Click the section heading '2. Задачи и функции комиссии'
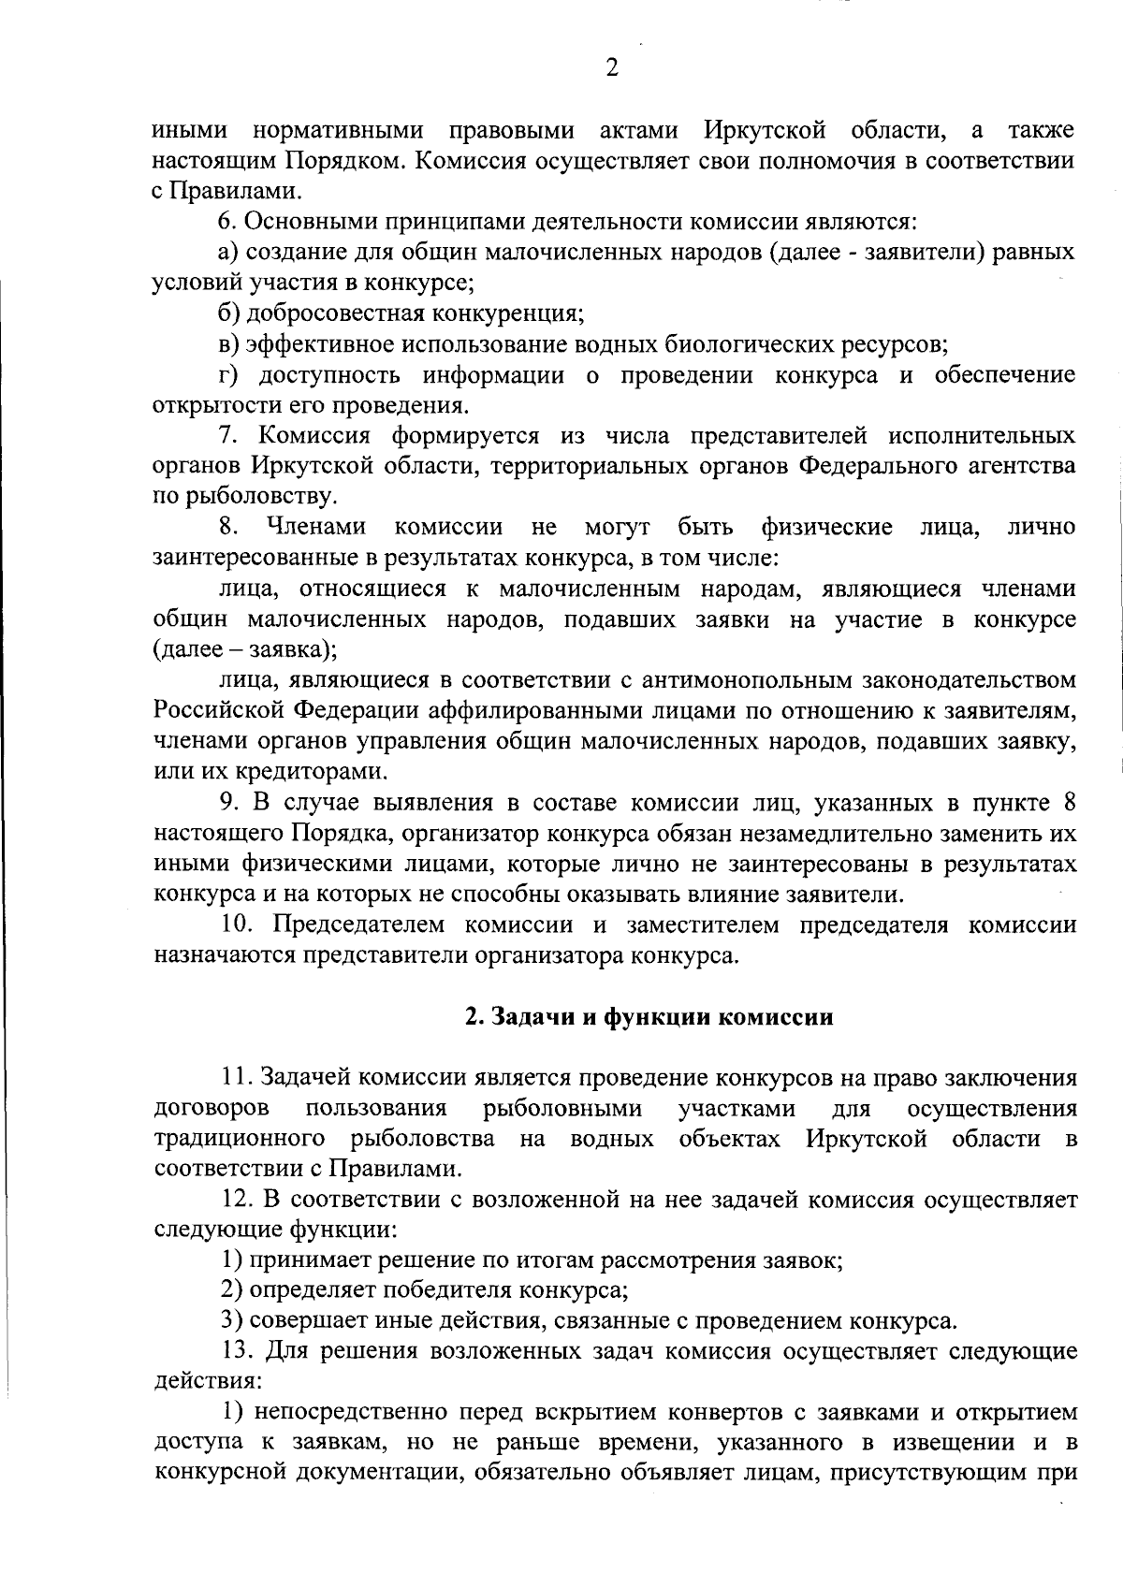(649, 1017)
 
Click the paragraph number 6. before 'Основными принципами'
(225, 222)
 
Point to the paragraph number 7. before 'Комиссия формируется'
(226, 436)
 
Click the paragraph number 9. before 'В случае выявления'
(226, 803)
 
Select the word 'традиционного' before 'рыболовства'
(239, 1139)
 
